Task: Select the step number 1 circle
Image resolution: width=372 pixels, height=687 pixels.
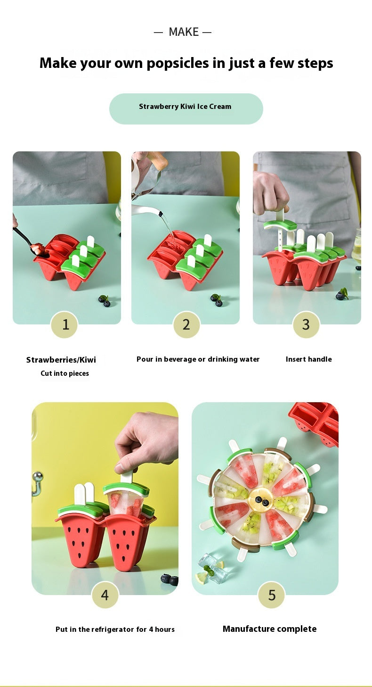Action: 65,324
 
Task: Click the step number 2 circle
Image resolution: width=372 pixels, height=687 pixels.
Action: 186,324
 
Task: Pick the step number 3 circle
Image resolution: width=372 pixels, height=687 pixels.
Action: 306,324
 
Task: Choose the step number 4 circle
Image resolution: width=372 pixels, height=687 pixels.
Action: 105,595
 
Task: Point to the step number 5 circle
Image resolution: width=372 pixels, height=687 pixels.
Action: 271,595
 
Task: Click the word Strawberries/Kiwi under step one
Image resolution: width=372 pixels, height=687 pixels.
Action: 61,360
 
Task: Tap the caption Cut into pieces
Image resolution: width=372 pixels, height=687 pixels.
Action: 65,373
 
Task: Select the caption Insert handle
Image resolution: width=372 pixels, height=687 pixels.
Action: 308,359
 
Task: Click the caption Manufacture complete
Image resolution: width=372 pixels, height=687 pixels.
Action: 269,629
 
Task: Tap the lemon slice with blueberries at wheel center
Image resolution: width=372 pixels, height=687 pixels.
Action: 262,502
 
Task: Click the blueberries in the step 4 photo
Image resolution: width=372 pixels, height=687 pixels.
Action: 169,580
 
